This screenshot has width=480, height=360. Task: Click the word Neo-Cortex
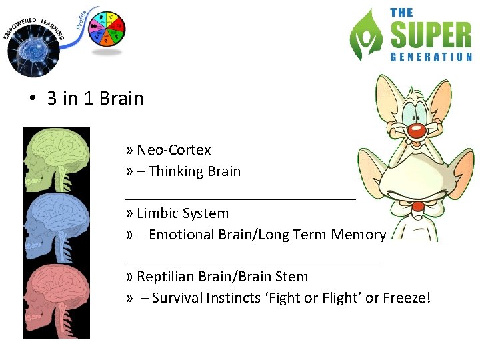pyautogui.click(x=173, y=150)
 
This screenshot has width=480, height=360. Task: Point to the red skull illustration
pyautogui.click(x=56, y=301)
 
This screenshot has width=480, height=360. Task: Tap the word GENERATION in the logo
pyautogui.click(x=431, y=57)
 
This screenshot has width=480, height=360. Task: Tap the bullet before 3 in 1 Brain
pyautogui.click(x=31, y=99)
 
